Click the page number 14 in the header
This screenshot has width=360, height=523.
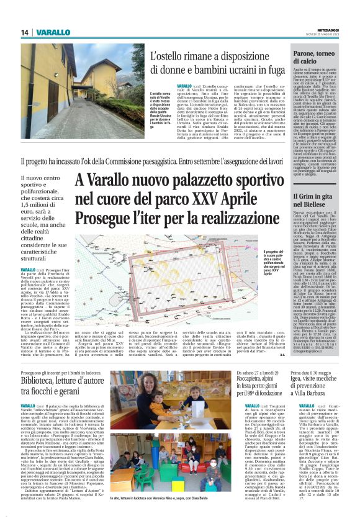pos(25,33)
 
